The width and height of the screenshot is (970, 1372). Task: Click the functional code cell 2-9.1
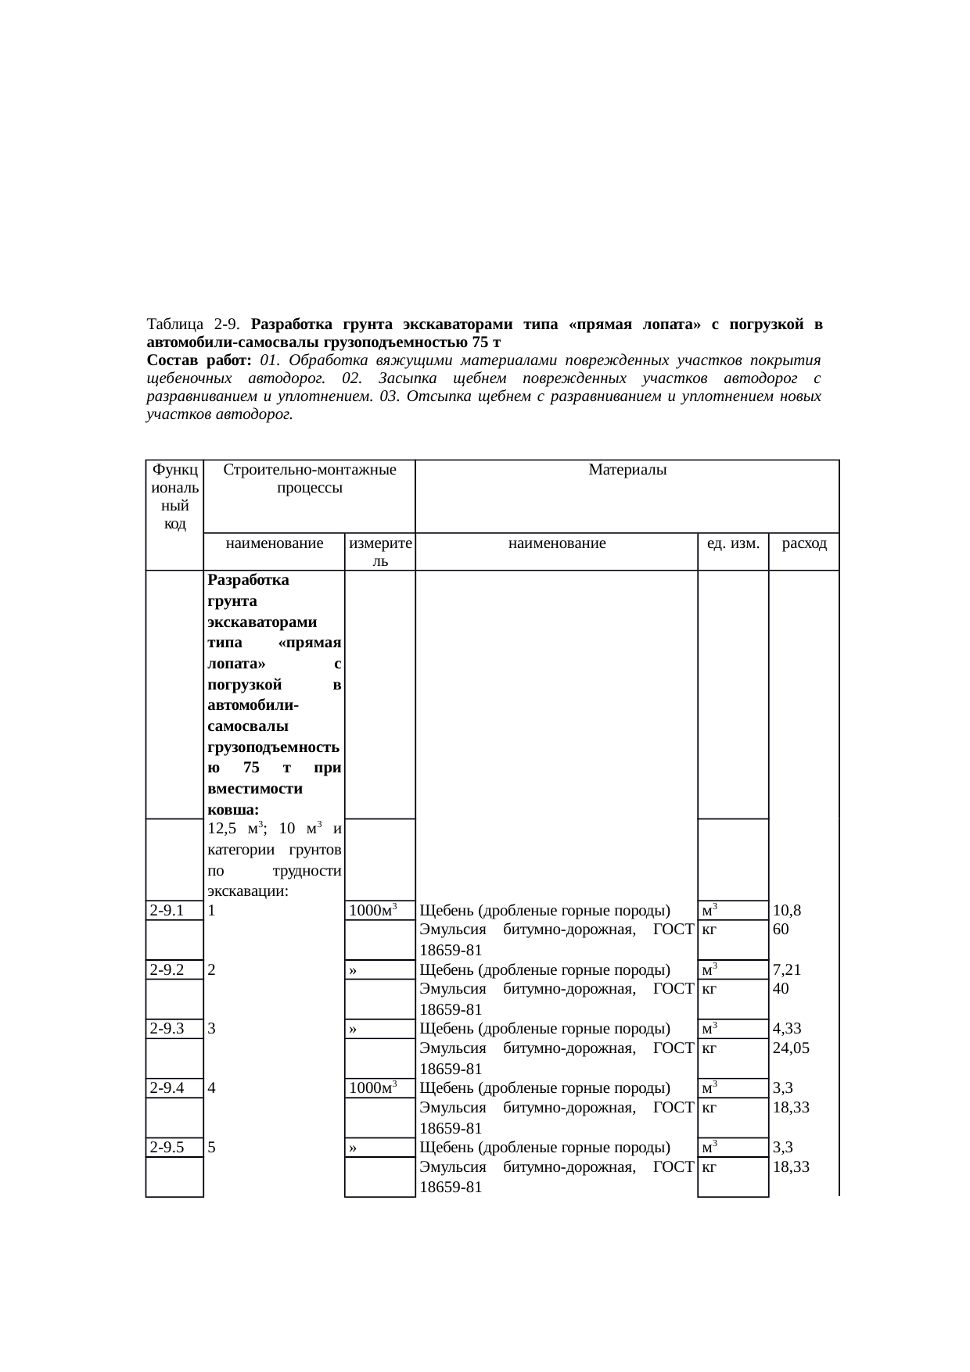[x=167, y=910]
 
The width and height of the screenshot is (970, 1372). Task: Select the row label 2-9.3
[x=167, y=1029]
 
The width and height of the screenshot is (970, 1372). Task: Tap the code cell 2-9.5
[x=167, y=1148]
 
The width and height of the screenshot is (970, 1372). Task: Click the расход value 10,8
[x=785, y=910]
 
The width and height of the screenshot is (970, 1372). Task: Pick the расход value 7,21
[x=786, y=969]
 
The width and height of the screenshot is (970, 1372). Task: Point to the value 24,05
[x=790, y=1048]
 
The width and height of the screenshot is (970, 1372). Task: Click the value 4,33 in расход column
[x=786, y=1029]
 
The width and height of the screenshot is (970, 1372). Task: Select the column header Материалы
[x=627, y=470]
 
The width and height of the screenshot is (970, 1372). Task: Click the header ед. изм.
[x=732, y=543]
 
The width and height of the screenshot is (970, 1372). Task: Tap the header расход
[x=804, y=543]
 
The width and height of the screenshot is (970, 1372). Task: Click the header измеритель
[x=379, y=552]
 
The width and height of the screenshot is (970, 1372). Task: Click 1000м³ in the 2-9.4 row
[x=375, y=1088]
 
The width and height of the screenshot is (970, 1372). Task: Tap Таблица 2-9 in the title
[x=192, y=324]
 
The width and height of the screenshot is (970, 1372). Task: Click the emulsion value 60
[x=780, y=930]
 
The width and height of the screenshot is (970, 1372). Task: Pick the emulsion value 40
[x=780, y=988]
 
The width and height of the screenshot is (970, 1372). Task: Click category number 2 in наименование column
[x=212, y=969]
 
